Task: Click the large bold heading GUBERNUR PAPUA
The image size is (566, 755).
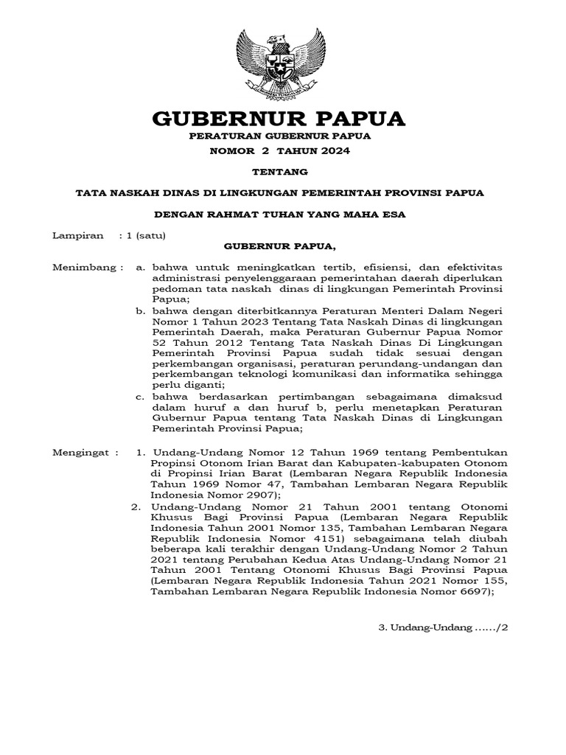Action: (x=279, y=118)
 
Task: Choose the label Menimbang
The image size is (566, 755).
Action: (x=81, y=268)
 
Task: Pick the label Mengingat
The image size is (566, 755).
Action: (x=80, y=452)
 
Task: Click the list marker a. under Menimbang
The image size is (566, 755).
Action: (x=139, y=268)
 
